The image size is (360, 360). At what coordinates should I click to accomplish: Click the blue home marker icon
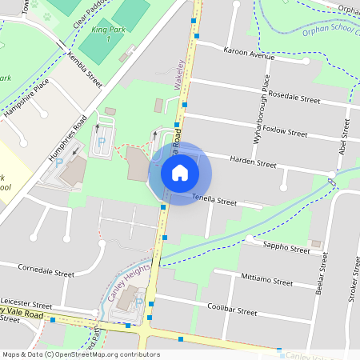tap(180, 173)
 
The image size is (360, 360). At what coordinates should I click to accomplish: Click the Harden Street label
tap(253, 162)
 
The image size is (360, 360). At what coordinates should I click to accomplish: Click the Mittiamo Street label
tap(266, 281)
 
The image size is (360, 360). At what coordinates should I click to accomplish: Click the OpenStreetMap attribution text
tap(80, 354)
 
